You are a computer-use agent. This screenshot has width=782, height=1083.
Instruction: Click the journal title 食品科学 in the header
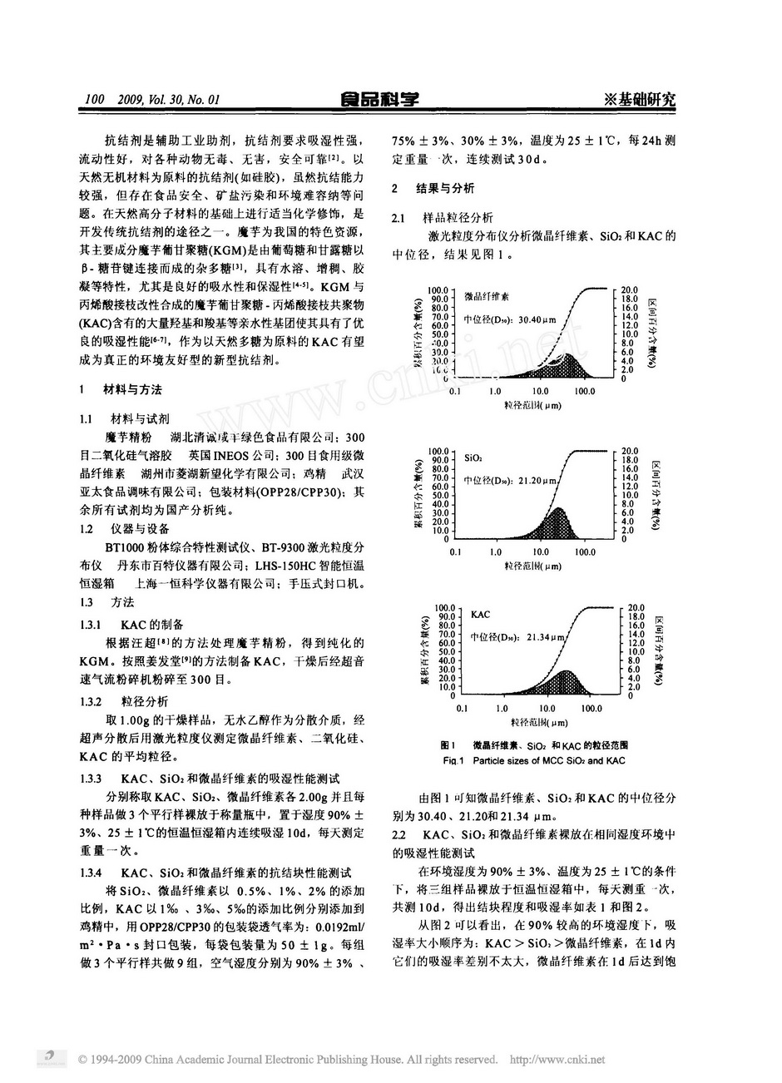pos(380,100)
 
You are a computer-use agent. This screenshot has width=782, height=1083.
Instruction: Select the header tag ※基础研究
pos(641,100)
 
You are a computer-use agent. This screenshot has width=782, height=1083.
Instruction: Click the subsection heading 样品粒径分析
pos(458,218)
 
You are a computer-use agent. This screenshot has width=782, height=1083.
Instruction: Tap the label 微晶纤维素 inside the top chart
pos(488,296)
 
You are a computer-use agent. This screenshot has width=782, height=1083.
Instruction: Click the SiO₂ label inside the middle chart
pos(473,458)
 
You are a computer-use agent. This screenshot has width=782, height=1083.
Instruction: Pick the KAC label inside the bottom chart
pos(480,615)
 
